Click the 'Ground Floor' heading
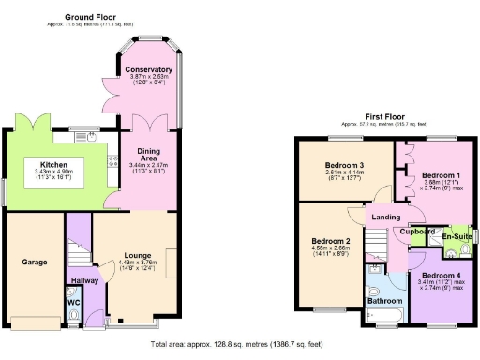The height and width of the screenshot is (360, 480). [90, 17]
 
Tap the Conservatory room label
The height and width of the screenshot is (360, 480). [149, 69]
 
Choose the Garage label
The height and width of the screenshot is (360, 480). [34, 262]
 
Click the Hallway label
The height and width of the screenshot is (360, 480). [86, 279]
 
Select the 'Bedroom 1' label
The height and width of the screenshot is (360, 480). [440, 175]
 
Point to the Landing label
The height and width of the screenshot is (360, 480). [385, 217]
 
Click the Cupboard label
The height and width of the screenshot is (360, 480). [418, 231]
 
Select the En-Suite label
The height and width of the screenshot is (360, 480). [456, 238]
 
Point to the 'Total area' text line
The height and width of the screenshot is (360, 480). [241, 345]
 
